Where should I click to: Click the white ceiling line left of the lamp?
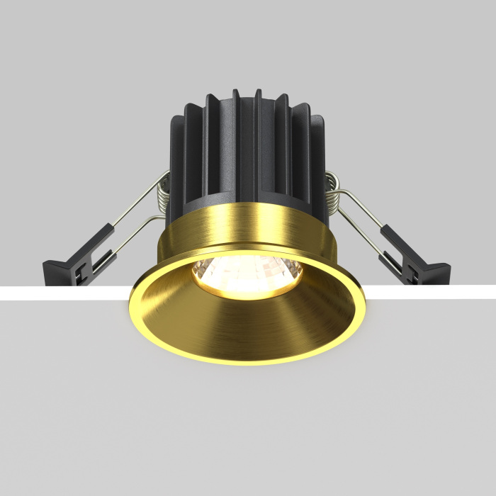tap(64, 292)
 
